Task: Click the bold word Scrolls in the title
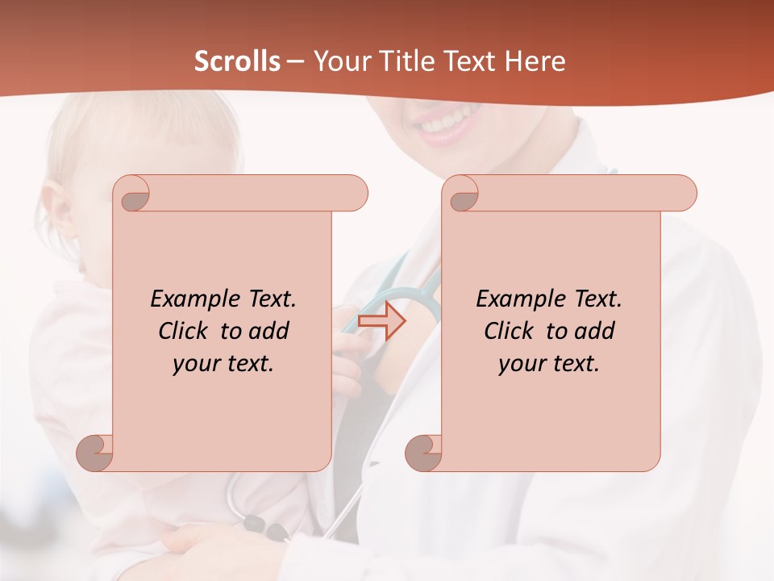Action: tap(237, 61)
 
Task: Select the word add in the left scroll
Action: tap(268, 331)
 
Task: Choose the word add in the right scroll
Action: tap(594, 331)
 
